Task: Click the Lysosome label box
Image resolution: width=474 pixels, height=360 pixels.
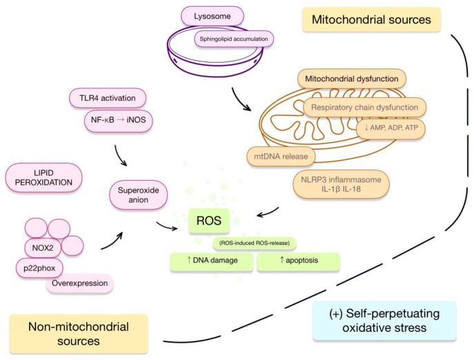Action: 213,16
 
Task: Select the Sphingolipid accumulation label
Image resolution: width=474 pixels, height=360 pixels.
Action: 234,39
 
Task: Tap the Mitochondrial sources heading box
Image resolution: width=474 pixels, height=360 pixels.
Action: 371,19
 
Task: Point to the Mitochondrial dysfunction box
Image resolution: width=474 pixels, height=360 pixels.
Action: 352,79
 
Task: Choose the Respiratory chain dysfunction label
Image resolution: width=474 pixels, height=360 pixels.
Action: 364,108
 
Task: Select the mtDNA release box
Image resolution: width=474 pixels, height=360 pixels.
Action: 281,157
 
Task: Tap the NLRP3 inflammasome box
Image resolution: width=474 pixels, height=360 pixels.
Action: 341,184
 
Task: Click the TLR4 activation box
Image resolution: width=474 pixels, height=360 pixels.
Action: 108,98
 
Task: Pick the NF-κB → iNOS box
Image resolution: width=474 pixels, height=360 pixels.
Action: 118,121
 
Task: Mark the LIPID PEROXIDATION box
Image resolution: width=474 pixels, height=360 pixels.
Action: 44,177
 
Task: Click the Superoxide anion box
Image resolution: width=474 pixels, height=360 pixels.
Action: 138,195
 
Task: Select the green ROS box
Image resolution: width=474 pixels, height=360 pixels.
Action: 209,221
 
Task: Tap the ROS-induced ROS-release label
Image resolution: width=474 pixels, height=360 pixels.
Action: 254,243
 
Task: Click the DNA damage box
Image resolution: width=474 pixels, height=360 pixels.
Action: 211,261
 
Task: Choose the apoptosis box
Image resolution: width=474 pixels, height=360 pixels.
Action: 298,261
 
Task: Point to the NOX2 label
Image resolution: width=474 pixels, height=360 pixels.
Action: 43,248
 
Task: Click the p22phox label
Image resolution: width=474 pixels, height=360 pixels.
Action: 39,268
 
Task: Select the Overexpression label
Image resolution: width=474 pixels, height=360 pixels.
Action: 80,283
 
